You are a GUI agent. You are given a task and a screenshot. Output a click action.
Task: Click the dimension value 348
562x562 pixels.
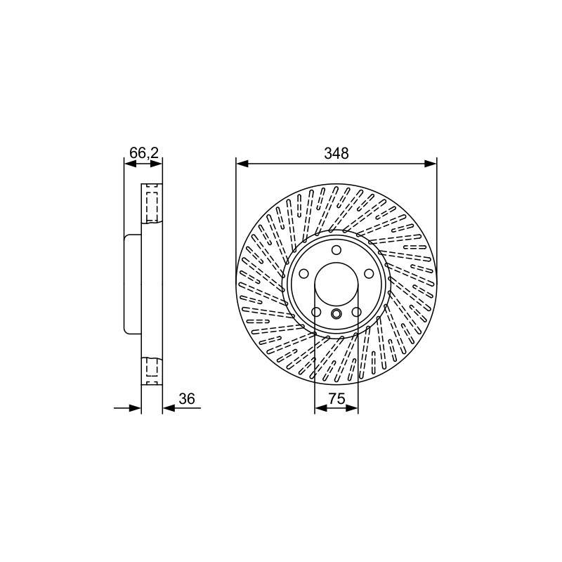click(336, 153)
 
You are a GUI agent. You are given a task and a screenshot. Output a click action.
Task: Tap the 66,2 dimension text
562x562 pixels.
click(143, 153)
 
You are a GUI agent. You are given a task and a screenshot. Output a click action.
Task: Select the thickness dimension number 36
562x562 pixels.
click(186, 398)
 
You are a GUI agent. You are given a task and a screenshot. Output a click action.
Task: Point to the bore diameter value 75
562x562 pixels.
click(336, 398)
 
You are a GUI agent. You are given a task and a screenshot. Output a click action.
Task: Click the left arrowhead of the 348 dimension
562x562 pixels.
click(242, 164)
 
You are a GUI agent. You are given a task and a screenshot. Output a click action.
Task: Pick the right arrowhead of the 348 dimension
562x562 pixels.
click(431, 164)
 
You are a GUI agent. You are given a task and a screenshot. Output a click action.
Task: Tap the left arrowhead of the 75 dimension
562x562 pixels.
click(321, 408)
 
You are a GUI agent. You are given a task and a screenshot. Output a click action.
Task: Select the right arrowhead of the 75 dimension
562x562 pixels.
click(352, 408)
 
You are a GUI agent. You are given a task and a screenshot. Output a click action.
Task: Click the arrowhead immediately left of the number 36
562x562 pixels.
click(169, 408)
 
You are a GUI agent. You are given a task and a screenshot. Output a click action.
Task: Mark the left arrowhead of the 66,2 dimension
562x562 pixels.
click(130, 164)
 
